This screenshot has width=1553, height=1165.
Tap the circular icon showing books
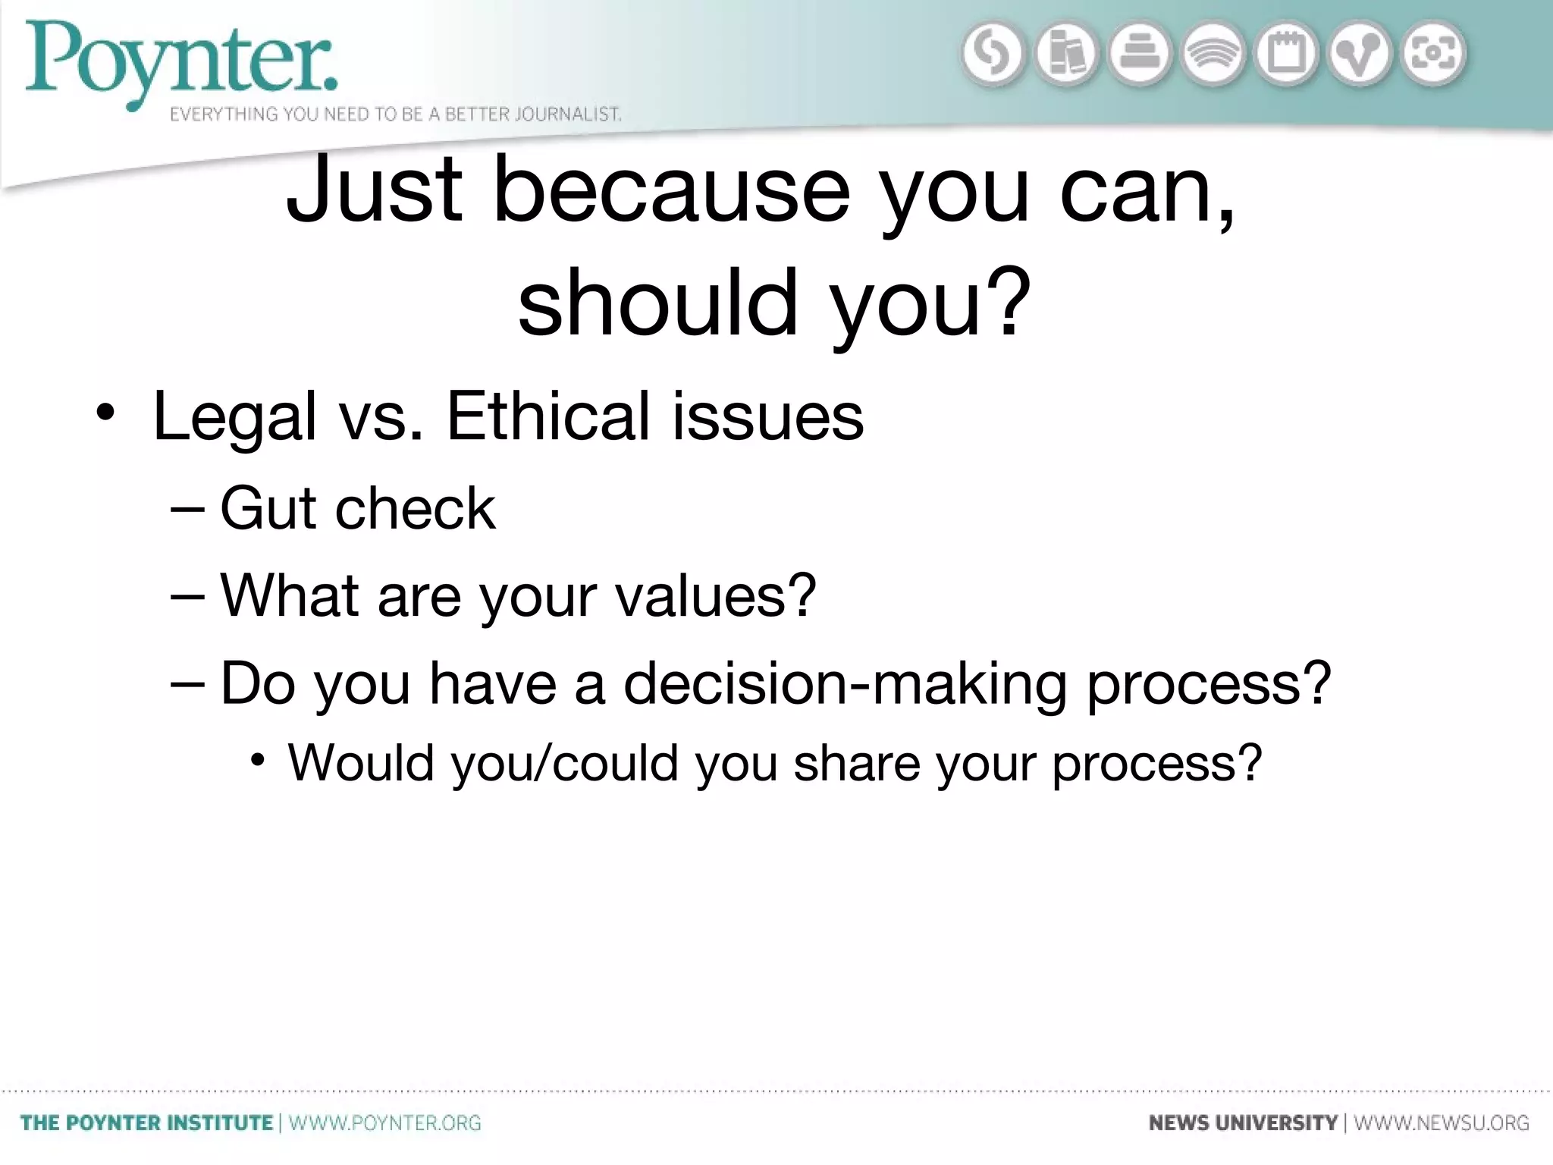pos(1066,55)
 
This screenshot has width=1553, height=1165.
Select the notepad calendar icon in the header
pos(1287,55)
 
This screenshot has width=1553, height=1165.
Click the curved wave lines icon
pos(1213,55)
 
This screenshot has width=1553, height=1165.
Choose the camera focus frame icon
pos(1433,55)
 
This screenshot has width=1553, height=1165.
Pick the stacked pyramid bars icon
pos(1140,55)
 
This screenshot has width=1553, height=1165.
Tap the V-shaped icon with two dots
pos(1360,55)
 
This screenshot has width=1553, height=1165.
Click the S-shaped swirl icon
pos(993,55)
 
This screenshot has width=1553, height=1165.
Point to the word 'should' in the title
pos(658,302)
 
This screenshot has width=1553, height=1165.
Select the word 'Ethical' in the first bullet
pos(548,416)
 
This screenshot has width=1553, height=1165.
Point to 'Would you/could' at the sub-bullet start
pos(482,762)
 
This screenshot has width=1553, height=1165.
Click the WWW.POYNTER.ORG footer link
pos(385,1123)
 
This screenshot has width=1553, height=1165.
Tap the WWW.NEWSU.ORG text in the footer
pos(1442,1123)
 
